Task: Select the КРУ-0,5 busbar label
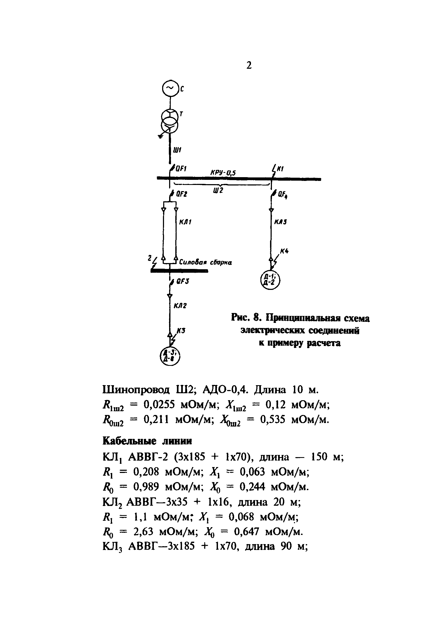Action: (x=223, y=173)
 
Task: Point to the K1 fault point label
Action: (x=280, y=169)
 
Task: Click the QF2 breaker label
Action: (x=181, y=194)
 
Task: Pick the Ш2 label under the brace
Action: (x=218, y=191)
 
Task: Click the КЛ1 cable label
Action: (x=185, y=222)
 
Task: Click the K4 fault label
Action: (x=284, y=251)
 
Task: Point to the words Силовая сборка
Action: (x=205, y=262)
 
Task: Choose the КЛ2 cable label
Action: (x=180, y=306)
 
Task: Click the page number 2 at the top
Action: (x=249, y=65)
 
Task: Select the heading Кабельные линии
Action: (x=147, y=441)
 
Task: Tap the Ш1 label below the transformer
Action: (x=177, y=150)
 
